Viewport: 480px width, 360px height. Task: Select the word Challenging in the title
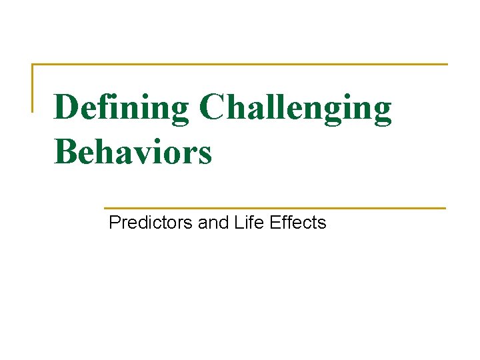(x=295, y=109)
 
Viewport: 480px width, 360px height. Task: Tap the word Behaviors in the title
(x=133, y=151)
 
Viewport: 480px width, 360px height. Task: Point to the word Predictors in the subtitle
(x=151, y=223)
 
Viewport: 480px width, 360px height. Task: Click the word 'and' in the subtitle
(x=213, y=223)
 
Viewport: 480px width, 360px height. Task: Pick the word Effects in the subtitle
(x=298, y=223)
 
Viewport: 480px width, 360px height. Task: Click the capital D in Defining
(x=67, y=107)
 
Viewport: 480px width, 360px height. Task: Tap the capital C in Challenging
(x=213, y=107)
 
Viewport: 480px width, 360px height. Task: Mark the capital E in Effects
(x=275, y=223)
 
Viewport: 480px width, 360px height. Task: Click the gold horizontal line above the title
(x=240, y=65)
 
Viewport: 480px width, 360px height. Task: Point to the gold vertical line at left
(x=33, y=87)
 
